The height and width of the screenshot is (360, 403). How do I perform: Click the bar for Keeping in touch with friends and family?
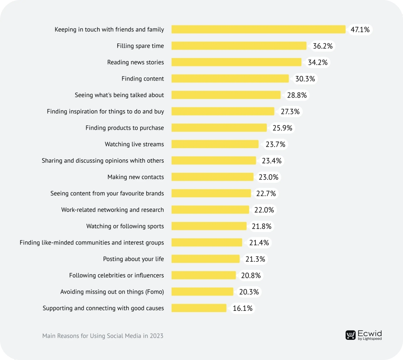258,29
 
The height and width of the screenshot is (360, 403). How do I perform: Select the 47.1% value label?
360,30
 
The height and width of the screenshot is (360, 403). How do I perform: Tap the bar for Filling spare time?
239,46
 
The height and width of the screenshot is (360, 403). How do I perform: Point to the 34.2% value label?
318,62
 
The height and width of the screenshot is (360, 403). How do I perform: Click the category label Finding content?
143,79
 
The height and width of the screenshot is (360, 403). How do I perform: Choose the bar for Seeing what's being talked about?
226,95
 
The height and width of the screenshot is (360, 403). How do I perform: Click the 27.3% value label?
290,112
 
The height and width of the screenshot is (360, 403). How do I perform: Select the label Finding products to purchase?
125,128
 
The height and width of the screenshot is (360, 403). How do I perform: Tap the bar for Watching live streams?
215,144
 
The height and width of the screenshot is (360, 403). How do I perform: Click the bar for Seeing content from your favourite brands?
211,193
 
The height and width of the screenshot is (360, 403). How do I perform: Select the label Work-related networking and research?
112,210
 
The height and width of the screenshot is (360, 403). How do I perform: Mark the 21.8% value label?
262,226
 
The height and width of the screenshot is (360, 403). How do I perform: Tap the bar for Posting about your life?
205,259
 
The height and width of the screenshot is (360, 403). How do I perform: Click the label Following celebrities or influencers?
116,275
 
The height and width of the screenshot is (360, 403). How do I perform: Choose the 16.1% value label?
243,308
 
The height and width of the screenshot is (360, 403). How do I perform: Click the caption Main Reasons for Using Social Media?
103,335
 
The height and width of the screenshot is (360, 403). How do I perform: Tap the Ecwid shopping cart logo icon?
351,335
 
